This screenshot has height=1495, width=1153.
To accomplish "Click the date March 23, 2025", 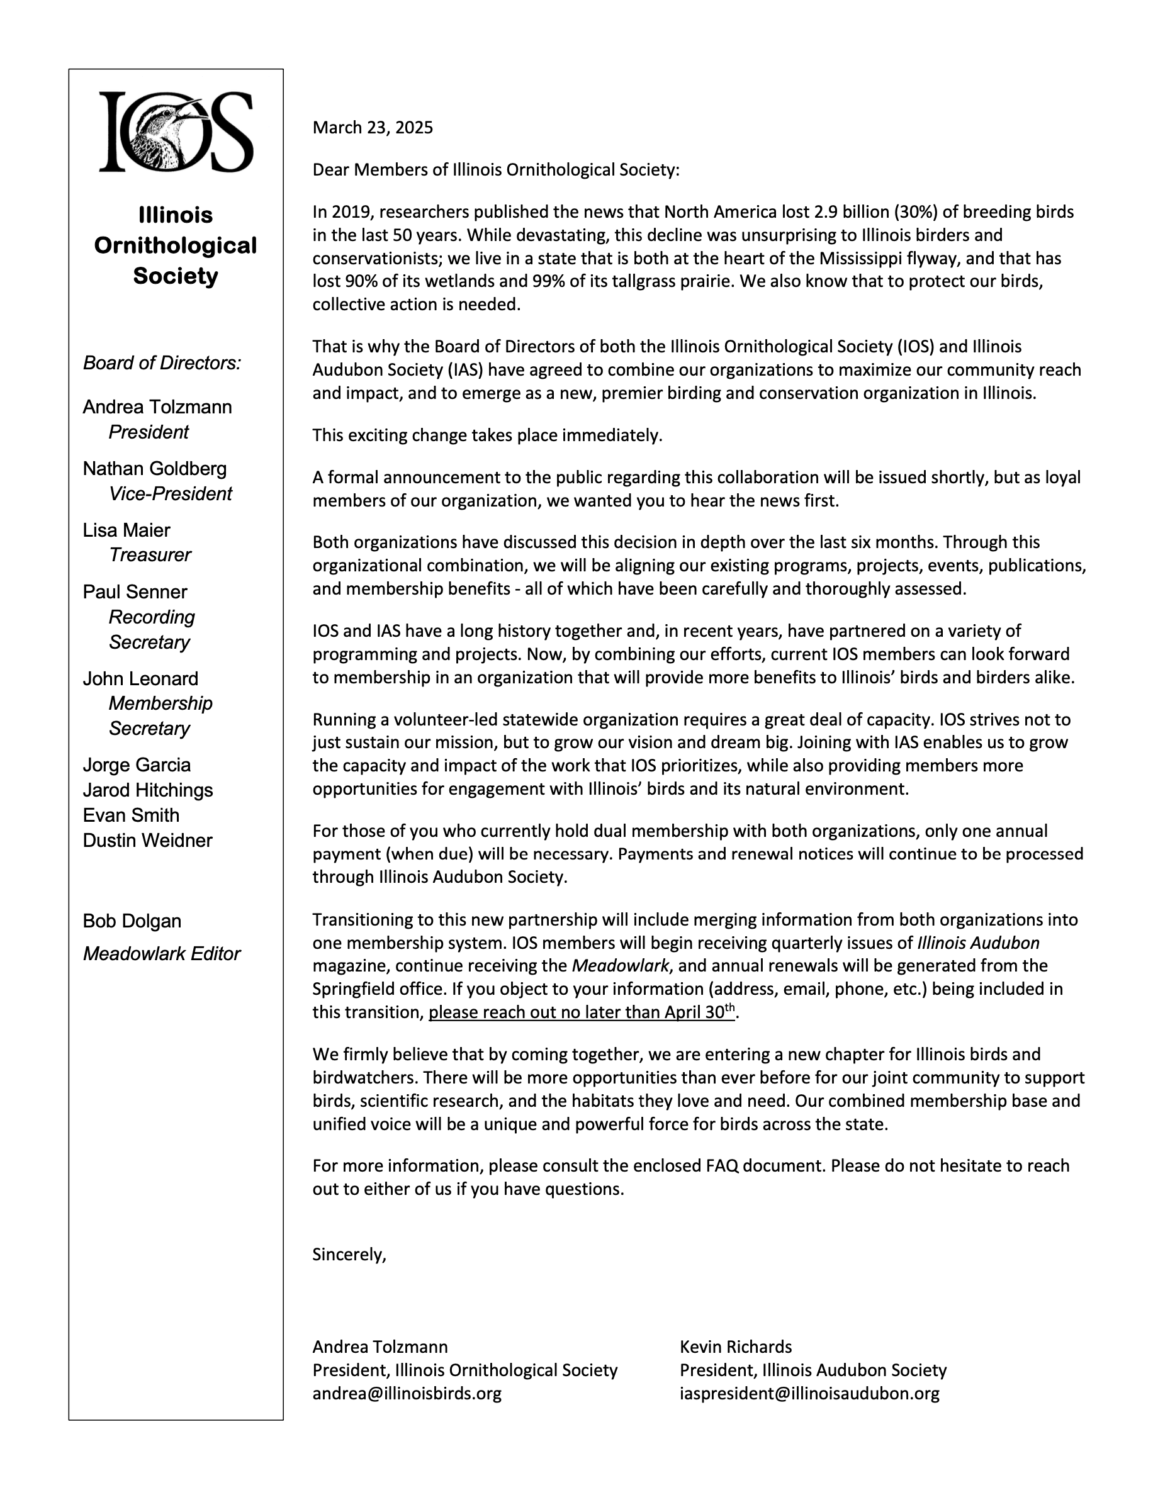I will (x=373, y=128).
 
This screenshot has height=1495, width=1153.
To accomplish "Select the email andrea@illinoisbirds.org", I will (x=407, y=1393).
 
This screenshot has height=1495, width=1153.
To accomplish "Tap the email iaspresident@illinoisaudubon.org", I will (x=809, y=1393).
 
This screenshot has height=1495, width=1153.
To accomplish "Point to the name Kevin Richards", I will (x=735, y=1347).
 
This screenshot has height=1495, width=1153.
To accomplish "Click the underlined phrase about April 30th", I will (x=582, y=1012).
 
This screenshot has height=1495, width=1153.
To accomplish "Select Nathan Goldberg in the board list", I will (x=155, y=469).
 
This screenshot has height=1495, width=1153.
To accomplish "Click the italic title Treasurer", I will (x=150, y=555).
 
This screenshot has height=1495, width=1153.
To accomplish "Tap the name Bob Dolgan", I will (x=132, y=921).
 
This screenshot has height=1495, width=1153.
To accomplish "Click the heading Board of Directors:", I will (x=162, y=363).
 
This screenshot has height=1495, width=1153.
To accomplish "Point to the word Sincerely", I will (x=349, y=1254).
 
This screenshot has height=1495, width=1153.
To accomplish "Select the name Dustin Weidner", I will (x=148, y=841).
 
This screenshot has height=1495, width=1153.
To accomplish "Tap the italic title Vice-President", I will (x=171, y=494).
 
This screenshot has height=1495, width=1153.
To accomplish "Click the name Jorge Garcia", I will (x=137, y=765).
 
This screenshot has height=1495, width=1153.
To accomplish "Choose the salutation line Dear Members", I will (x=496, y=170).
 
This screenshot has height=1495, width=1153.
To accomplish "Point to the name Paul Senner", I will (x=135, y=592).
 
